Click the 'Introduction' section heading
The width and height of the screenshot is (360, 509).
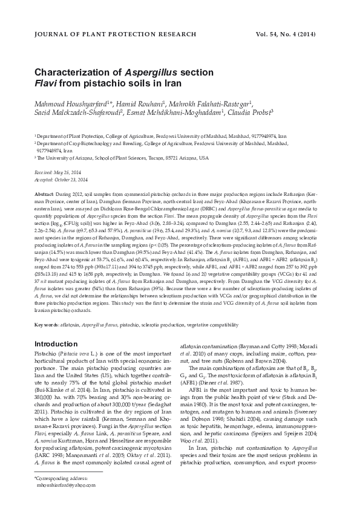(x=56, y=343)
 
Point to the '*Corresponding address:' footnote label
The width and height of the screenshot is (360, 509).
(x=62, y=478)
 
